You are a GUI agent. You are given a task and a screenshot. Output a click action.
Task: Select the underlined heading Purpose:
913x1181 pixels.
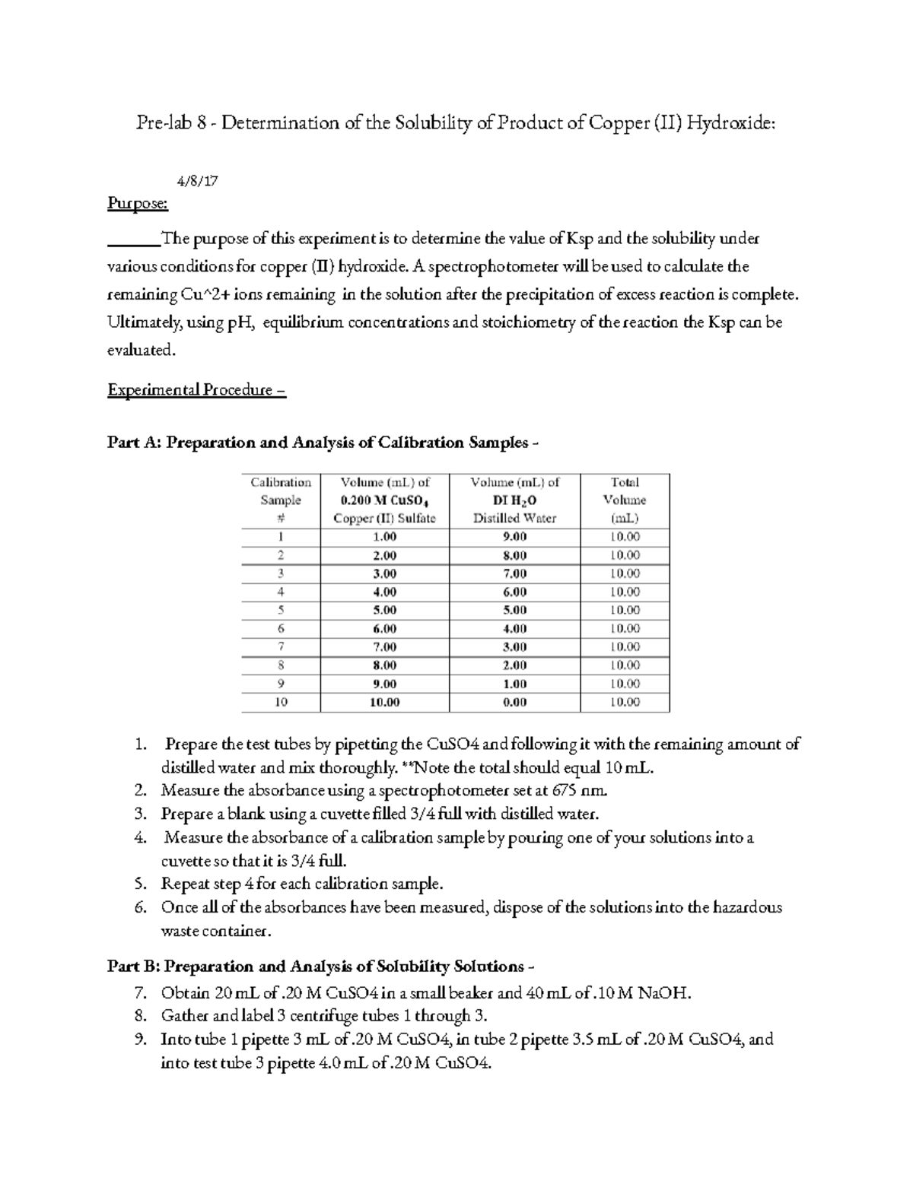138,204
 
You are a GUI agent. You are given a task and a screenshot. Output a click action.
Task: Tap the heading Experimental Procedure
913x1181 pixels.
196,391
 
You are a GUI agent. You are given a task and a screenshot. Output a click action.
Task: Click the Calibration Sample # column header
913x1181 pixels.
281,500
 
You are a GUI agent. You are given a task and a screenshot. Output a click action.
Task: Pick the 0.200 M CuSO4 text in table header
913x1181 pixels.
384,500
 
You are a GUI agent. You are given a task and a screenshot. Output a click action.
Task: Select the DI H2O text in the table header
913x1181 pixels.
514,500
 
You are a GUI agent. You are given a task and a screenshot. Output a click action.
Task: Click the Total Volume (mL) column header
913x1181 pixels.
625,500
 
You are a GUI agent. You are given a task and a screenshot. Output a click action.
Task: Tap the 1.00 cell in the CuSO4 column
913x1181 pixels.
384,537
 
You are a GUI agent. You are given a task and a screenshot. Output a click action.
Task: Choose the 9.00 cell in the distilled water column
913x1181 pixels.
514,537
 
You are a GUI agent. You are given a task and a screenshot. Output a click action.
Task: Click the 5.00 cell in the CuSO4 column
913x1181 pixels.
384,611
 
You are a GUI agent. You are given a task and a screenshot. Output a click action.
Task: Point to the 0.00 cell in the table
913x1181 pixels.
514,703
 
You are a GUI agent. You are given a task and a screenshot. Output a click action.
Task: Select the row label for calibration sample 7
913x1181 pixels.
281,647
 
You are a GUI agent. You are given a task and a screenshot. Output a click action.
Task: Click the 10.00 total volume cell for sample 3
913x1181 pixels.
625,573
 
